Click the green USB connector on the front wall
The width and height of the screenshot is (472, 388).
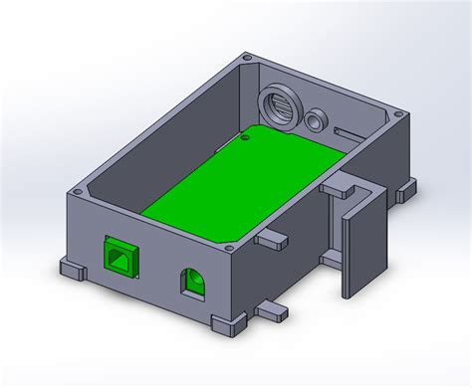[119, 258]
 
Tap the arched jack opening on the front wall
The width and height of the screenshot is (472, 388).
[192, 283]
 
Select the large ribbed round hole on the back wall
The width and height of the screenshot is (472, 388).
[280, 104]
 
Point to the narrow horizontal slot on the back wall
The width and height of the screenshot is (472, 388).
[351, 132]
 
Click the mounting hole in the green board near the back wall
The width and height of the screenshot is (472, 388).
[246, 140]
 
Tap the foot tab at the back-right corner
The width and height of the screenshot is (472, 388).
[409, 186]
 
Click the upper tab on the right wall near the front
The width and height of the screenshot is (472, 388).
[271, 239]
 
